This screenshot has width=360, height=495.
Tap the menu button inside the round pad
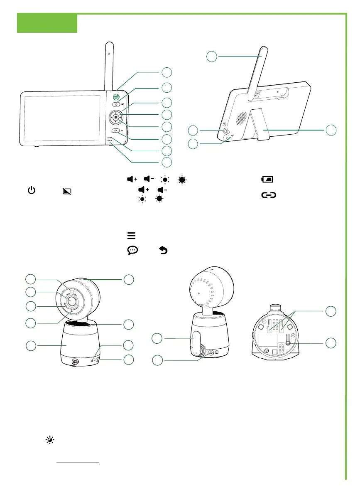(x=115, y=118)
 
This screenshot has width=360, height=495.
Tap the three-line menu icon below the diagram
(x=131, y=236)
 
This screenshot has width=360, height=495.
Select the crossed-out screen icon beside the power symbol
(x=66, y=192)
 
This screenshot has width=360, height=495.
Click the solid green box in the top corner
(x=47, y=23)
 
